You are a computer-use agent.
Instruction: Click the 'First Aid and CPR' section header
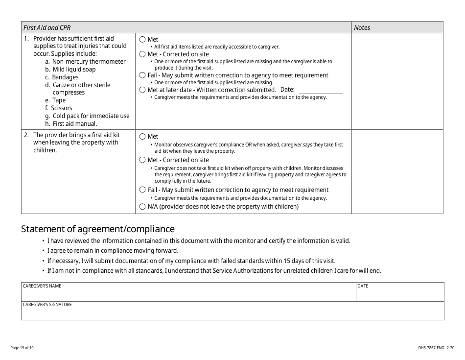47,28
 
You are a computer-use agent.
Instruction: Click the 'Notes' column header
362,28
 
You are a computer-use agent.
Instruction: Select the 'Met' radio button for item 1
143,40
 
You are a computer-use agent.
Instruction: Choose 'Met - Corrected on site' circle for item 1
143,54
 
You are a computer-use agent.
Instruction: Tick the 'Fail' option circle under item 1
143,75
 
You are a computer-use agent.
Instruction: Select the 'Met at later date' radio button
143,90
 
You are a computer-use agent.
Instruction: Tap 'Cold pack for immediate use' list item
91,116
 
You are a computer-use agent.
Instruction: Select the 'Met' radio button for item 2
143,137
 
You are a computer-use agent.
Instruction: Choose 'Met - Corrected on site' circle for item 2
143,160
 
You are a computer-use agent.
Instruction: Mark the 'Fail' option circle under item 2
143,190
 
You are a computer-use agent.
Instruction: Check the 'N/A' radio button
143,207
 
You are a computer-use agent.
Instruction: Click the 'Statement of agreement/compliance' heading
97,229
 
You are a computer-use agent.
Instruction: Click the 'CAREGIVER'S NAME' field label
42,286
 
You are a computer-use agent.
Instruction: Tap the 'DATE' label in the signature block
363,286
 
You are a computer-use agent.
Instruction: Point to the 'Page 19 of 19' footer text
22,348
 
